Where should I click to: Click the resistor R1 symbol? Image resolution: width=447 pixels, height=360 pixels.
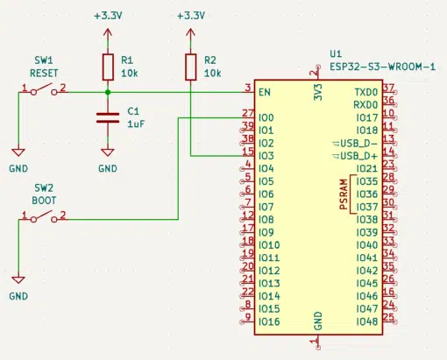point(108,67)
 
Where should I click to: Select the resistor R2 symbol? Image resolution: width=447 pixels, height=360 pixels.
point(190,67)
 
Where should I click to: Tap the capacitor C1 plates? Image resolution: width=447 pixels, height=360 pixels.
point(108,117)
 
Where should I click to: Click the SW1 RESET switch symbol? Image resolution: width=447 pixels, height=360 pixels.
point(44,89)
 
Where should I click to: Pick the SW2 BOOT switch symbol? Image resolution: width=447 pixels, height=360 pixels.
point(44,216)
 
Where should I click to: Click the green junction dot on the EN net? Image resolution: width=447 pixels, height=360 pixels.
point(108,92)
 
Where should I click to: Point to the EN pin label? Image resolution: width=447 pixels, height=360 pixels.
point(265,92)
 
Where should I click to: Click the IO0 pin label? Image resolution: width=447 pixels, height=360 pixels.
point(266,117)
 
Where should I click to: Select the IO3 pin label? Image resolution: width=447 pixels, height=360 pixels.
point(266,156)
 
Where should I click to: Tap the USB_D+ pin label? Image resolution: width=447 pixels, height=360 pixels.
point(358,156)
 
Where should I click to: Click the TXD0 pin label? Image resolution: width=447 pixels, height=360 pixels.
point(366,92)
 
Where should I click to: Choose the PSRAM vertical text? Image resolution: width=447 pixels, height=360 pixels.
point(344,194)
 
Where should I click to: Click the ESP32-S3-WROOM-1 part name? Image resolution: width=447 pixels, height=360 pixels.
point(383,67)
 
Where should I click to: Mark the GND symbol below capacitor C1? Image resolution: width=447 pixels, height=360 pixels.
point(108,152)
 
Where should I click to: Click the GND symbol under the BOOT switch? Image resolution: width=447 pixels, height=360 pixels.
point(18,279)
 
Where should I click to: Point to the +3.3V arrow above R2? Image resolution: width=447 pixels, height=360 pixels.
point(190,37)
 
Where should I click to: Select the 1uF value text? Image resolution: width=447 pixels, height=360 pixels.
point(136,124)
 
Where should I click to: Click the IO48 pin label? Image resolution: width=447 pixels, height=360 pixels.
point(367,321)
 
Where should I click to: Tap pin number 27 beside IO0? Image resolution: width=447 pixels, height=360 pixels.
point(248,113)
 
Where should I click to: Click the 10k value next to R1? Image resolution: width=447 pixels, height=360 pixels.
point(130,74)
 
